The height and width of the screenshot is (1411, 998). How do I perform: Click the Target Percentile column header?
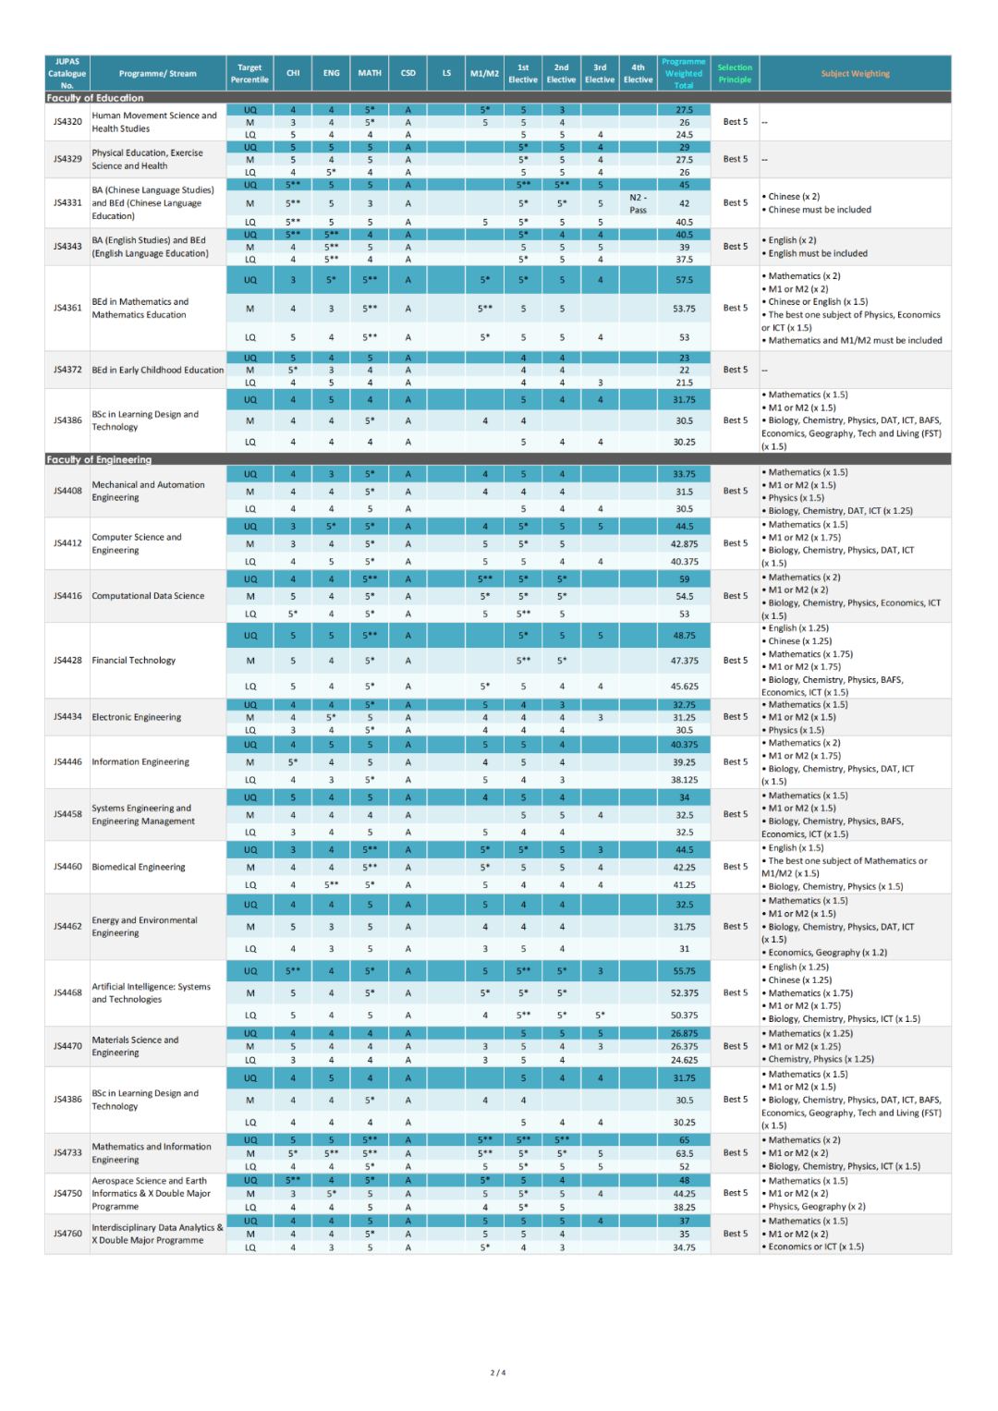point(249,74)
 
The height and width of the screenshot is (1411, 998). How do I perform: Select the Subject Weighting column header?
point(855,74)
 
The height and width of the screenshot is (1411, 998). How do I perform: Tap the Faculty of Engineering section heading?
point(99,459)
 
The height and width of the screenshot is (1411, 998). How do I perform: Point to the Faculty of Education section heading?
point(95,98)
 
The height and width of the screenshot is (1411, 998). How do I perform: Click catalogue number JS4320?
point(67,122)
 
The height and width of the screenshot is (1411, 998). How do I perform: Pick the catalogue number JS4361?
point(67,308)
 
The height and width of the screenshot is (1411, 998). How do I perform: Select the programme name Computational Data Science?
point(148,596)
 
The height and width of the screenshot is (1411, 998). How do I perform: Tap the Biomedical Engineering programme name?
point(139,867)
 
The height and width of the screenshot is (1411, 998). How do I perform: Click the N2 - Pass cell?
point(638,203)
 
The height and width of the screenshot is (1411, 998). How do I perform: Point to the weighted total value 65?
point(684,1140)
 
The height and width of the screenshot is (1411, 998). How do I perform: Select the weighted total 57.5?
point(684,280)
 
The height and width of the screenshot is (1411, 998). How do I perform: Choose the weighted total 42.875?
point(684,544)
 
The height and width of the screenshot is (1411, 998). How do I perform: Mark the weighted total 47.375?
point(684,661)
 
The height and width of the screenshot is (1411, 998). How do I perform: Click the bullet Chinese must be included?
point(820,210)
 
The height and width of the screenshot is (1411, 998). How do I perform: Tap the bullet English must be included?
point(818,253)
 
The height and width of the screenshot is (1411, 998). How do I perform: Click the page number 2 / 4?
point(498,1372)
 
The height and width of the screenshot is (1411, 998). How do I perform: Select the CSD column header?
point(408,74)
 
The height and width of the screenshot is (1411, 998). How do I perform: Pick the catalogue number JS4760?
point(67,1234)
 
